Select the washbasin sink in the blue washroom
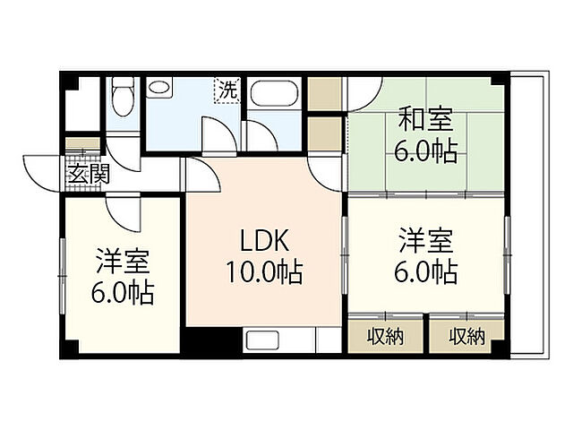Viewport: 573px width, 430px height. click(161, 90)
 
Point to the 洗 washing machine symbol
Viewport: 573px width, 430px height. click(227, 90)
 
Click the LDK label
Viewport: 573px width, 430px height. click(264, 241)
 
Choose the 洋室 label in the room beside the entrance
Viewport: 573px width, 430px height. click(124, 263)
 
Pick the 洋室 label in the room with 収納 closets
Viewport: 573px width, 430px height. click(425, 241)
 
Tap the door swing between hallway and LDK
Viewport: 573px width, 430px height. click(202, 173)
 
